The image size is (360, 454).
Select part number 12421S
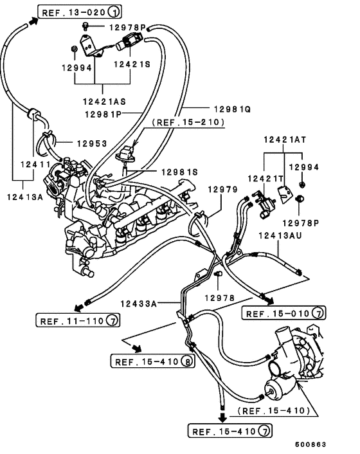pyautogui.click(x=133, y=65)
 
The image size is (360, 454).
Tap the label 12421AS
pyautogui.click(x=104, y=101)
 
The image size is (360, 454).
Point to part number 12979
pyautogui.click(x=222, y=190)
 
